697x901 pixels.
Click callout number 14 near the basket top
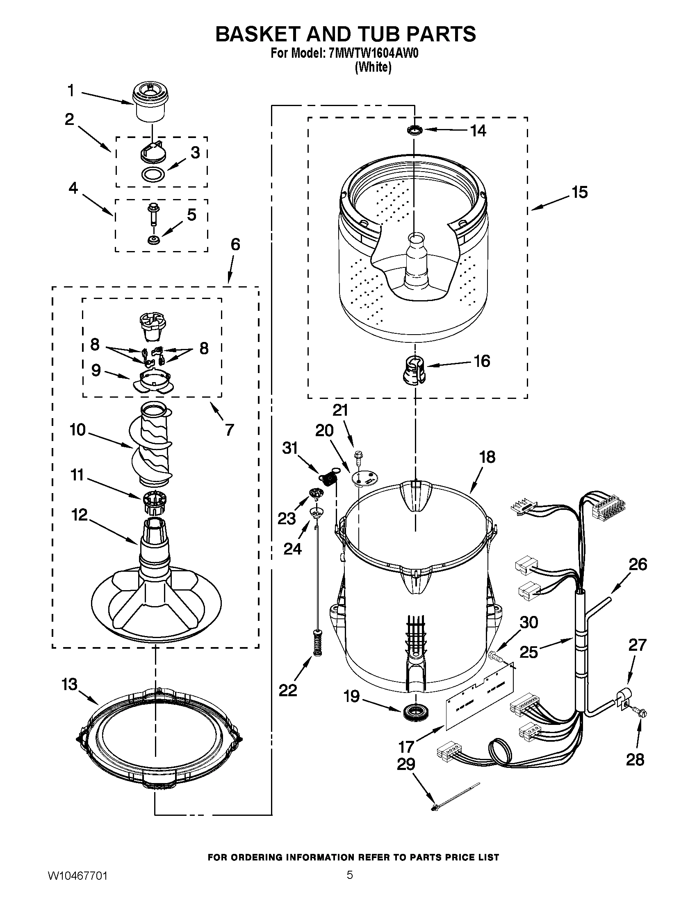click(x=478, y=131)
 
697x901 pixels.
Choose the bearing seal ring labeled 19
click(x=416, y=713)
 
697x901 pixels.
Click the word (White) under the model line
click(x=373, y=67)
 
